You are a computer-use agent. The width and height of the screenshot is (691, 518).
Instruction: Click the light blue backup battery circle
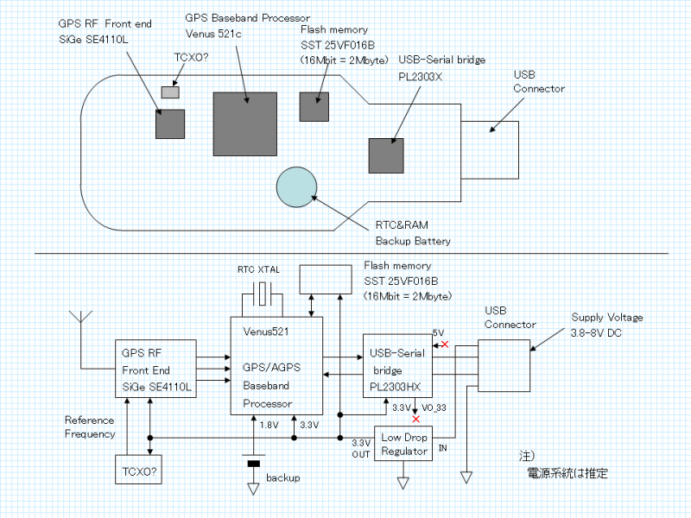299,185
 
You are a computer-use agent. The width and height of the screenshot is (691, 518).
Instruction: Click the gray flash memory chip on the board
314,105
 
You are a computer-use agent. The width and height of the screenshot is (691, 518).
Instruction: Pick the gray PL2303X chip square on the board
385,155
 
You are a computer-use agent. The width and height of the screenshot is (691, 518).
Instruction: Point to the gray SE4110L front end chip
169,123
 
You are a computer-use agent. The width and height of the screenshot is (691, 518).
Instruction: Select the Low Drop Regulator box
403,445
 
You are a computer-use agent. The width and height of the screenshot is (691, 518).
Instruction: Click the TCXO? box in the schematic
139,471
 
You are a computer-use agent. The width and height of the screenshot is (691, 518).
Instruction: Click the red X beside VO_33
416,420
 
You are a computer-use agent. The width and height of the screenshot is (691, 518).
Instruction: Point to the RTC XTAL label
258,270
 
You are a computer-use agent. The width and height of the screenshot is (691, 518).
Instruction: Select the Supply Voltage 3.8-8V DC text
607,325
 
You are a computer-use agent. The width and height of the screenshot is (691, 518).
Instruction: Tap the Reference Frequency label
90,427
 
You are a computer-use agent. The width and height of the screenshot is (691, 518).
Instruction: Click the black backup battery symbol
253,464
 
